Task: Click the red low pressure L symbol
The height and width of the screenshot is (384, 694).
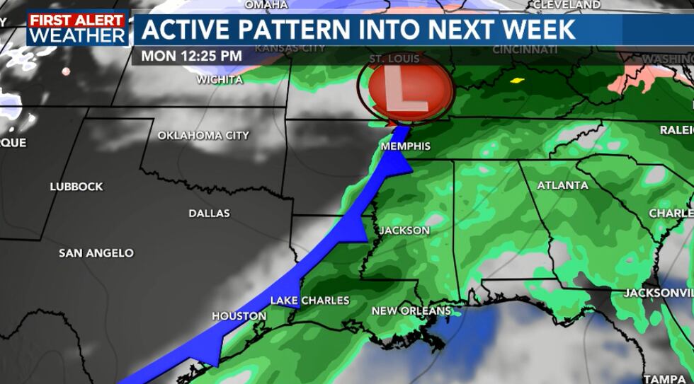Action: point(410,91)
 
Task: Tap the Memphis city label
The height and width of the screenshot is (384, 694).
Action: point(405,146)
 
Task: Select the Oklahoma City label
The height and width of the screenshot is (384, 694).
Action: point(203,135)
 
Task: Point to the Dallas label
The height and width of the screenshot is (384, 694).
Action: point(209,213)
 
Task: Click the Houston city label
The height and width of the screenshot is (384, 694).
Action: point(239,316)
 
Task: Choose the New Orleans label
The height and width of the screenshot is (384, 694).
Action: point(411,310)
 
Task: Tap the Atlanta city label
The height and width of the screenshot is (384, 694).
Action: point(562,185)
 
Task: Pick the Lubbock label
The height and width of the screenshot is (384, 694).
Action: point(76,187)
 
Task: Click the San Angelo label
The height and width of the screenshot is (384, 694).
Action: point(96,252)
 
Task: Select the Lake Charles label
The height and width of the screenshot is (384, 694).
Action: point(309,301)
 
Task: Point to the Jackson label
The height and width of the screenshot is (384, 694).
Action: point(404,231)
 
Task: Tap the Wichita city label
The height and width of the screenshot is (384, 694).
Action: point(220,80)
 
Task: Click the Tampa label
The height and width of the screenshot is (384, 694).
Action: point(664,378)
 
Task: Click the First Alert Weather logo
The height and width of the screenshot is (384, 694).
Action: point(78,28)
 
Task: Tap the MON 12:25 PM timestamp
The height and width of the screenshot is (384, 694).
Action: point(191,56)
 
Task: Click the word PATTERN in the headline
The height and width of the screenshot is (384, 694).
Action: point(313,29)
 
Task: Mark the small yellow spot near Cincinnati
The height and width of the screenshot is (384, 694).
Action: point(517,80)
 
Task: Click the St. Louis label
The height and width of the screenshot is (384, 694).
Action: point(394,59)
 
